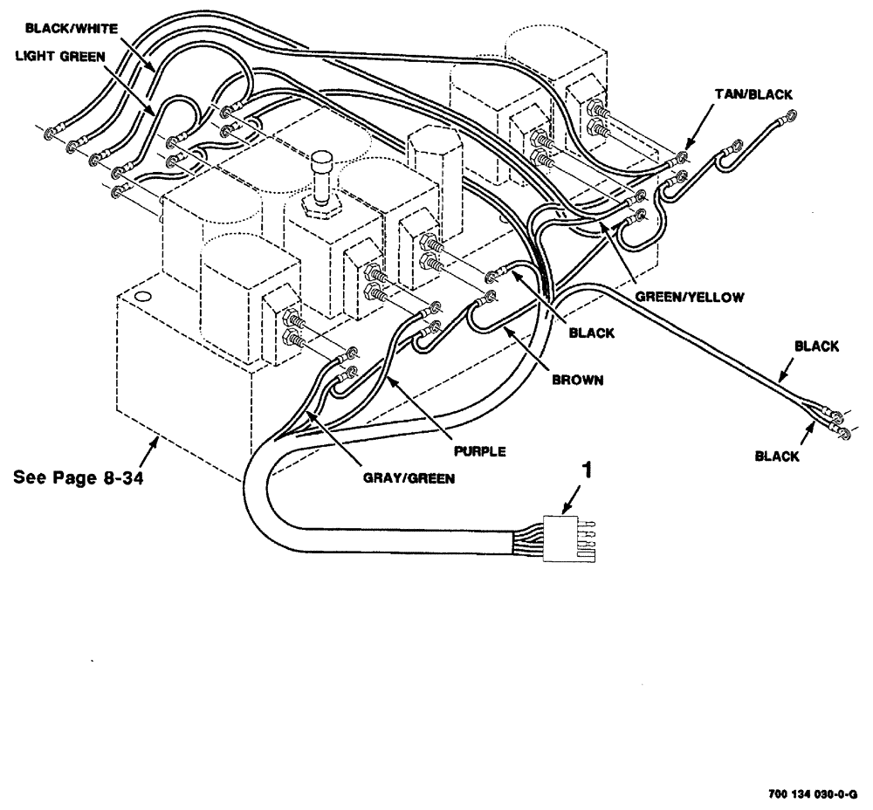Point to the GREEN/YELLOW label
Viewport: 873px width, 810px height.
tap(689, 297)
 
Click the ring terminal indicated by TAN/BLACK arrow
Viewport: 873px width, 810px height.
tap(681, 158)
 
